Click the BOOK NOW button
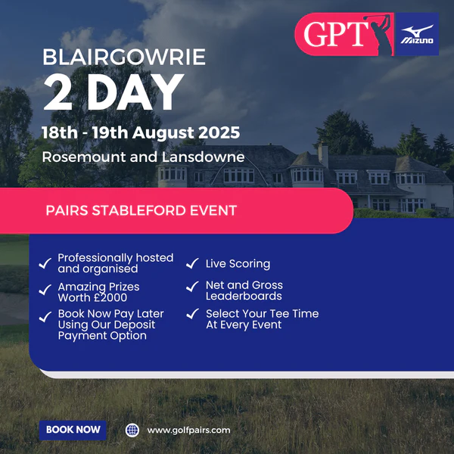click(73, 430)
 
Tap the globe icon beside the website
click(132, 431)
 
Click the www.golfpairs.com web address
click(188, 431)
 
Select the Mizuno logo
click(417, 34)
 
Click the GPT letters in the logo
click(336, 35)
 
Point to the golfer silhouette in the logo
click(379, 34)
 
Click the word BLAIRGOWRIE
click(124, 57)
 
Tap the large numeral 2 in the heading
click(58, 92)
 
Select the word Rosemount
click(84, 157)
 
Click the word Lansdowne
click(203, 157)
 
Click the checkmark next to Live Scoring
click(192, 263)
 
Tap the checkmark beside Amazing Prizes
click(45, 290)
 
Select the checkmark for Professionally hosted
click(45, 263)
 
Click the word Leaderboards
click(244, 296)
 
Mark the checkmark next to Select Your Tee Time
click(192, 313)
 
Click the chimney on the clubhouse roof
click(323, 155)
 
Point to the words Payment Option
click(102, 336)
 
